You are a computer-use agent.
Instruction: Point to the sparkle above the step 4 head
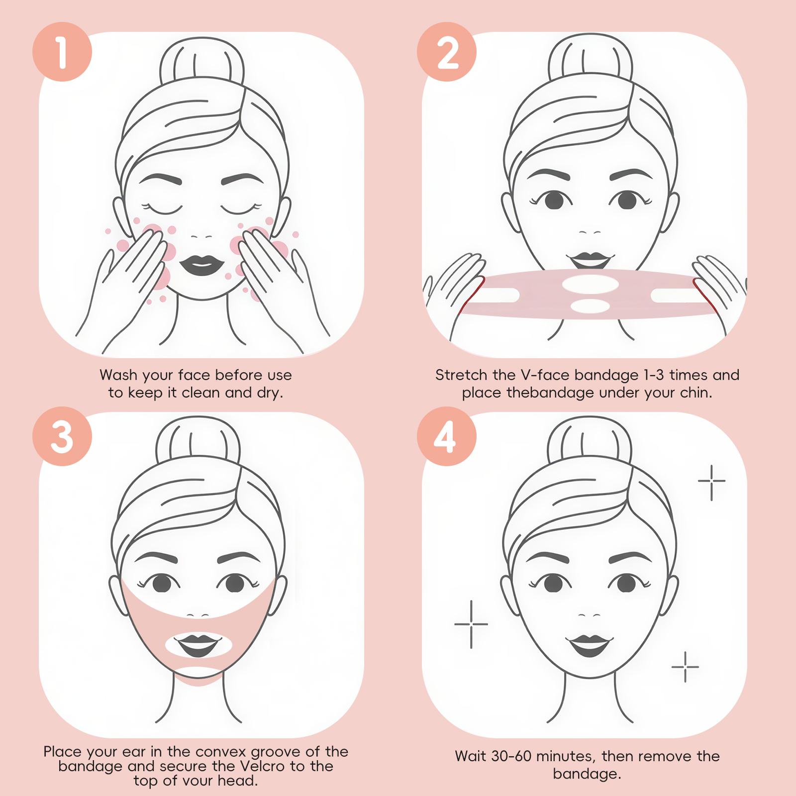pos(711,481)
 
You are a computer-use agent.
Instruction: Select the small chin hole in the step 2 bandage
pos(590,305)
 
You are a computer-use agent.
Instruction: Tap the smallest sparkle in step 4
pos(685,667)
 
